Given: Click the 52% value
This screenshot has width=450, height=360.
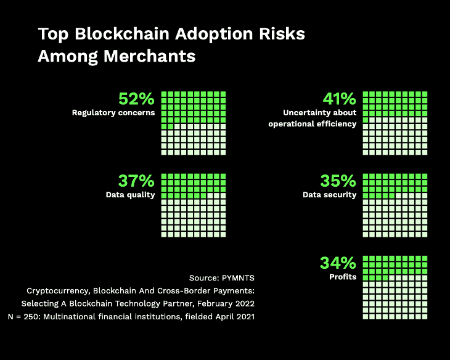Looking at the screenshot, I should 136,99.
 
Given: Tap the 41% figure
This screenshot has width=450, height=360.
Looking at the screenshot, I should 338,99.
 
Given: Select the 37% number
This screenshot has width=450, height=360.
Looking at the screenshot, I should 136,181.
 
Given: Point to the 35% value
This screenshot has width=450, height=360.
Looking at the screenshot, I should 338,181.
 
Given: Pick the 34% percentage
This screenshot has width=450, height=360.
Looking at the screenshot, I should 338,263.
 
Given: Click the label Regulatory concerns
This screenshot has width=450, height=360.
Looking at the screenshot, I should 113,113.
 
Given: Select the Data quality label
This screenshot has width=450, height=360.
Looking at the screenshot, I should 130,195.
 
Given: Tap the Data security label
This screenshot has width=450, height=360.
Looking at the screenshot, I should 329,195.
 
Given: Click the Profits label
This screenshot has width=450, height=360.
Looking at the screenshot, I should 343,276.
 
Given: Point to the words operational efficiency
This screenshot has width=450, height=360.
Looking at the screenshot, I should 312,124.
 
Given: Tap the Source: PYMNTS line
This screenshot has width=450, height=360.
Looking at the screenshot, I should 221,277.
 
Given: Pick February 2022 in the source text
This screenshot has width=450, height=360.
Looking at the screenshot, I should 228,303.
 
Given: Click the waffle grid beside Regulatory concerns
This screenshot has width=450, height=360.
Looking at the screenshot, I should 194,123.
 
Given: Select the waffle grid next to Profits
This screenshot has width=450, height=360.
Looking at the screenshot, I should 395,286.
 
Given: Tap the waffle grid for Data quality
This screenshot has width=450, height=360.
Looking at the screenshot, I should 194,205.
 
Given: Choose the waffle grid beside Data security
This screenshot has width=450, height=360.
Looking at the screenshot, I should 395,205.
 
